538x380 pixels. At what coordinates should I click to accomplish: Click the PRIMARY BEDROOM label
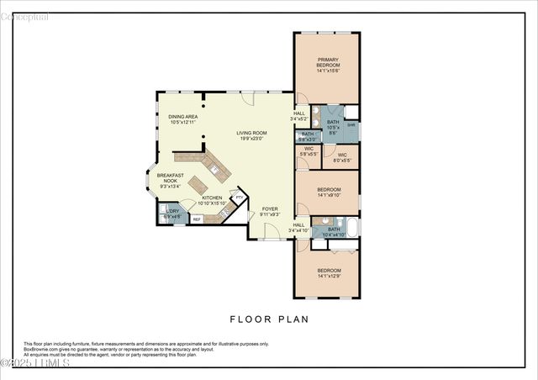coord(327,62)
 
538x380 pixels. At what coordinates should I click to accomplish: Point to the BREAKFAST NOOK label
coord(170,178)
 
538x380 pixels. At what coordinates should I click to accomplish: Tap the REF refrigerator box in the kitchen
coord(197,219)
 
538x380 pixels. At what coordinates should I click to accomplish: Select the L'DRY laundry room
coord(172,214)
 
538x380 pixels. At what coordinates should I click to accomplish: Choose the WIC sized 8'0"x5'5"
coord(342,156)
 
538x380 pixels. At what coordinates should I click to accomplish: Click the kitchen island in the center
coord(199,184)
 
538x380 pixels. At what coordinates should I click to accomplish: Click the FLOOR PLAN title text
coord(269,319)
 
